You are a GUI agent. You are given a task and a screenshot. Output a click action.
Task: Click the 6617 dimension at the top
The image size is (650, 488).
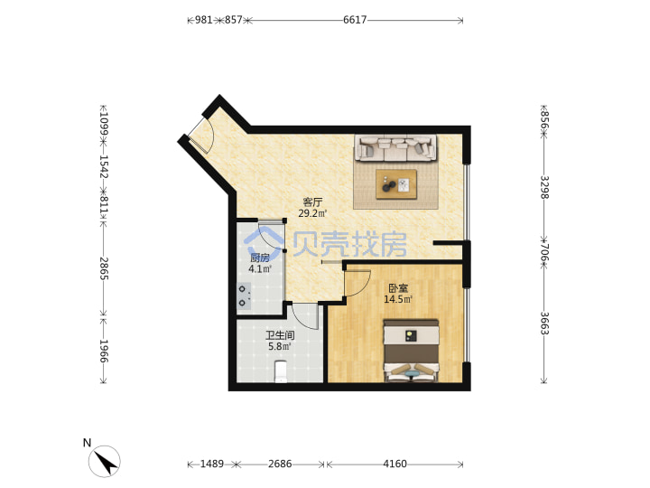[355, 20]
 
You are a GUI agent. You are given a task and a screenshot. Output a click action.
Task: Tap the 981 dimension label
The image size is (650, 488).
[203, 20]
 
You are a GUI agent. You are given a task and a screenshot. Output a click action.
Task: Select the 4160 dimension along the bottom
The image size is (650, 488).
[395, 464]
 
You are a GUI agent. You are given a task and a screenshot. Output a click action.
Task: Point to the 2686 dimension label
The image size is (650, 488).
[280, 464]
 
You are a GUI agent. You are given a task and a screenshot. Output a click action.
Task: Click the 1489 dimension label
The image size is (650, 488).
[212, 464]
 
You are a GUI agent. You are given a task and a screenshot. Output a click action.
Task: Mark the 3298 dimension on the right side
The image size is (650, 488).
[544, 187]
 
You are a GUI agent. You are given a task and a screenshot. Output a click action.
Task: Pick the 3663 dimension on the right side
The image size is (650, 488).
[544, 324]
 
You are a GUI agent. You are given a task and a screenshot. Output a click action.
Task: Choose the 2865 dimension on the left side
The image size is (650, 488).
[104, 268]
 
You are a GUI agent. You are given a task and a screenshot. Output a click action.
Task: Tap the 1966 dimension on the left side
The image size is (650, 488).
[104, 351]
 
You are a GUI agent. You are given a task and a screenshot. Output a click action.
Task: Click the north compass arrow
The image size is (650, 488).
[106, 462]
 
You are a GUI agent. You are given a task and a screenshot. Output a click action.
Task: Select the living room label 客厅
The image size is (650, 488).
[312, 202]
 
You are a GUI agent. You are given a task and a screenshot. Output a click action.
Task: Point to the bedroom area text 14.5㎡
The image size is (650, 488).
[398, 299]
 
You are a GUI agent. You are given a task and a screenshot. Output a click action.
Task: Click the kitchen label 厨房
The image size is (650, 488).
[260, 258]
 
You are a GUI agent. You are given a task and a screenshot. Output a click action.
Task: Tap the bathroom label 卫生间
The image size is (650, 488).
[280, 335]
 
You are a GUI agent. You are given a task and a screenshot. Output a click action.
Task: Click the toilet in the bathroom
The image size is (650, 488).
[281, 371]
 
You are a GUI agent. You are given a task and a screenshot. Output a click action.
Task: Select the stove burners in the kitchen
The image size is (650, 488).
[244, 296]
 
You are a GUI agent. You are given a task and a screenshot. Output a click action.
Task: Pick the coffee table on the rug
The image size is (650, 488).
[396, 184]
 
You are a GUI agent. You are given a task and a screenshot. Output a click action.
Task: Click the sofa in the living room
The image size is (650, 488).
[395, 147]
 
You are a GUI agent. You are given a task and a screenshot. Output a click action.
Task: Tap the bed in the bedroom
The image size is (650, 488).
[411, 351]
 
